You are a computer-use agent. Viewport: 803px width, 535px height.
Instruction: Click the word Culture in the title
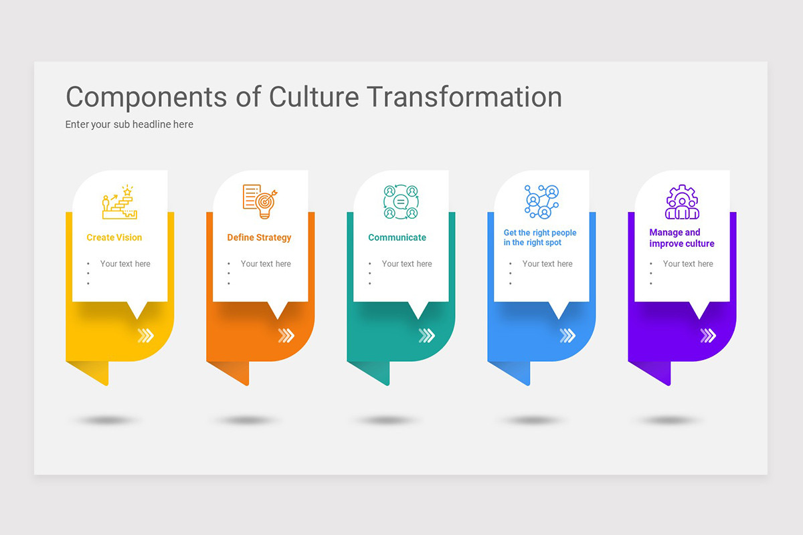[x=314, y=97]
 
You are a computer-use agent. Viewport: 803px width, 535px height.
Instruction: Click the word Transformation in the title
[x=465, y=97]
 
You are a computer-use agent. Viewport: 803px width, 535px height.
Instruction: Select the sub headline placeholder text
[x=129, y=124]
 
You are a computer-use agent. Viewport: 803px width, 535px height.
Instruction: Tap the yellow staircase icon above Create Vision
[x=120, y=203]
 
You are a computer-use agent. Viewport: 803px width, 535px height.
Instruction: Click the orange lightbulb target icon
[x=260, y=201]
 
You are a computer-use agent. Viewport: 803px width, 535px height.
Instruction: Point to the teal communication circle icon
[x=401, y=202]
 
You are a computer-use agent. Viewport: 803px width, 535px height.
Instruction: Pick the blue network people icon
[x=541, y=201]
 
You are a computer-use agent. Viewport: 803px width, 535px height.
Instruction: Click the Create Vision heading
[x=114, y=237]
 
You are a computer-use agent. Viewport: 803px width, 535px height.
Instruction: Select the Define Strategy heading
[x=259, y=237]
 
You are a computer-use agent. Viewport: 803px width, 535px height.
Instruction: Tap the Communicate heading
[x=397, y=237]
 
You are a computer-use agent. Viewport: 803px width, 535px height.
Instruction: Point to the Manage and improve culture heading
[x=681, y=238]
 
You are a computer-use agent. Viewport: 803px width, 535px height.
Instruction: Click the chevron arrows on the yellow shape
[x=146, y=335]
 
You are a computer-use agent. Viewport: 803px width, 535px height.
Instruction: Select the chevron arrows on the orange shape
[x=286, y=335]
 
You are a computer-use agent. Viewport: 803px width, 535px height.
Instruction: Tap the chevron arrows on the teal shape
[x=427, y=335]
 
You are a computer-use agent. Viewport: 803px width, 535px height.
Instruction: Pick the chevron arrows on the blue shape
[x=567, y=335]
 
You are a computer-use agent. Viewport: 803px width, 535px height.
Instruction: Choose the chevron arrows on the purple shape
[x=708, y=335]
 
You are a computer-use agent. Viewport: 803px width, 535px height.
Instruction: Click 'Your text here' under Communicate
[x=407, y=264]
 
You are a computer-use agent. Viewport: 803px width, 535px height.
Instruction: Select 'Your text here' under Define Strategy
[x=266, y=264]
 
